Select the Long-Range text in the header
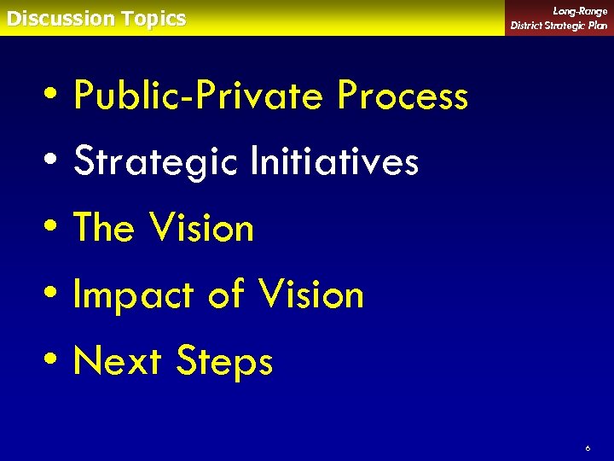coord(580,11)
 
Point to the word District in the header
coord(528,25)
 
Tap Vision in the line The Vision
coord(201,228)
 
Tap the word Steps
coord(224,362)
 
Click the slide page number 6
coord(588,447)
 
